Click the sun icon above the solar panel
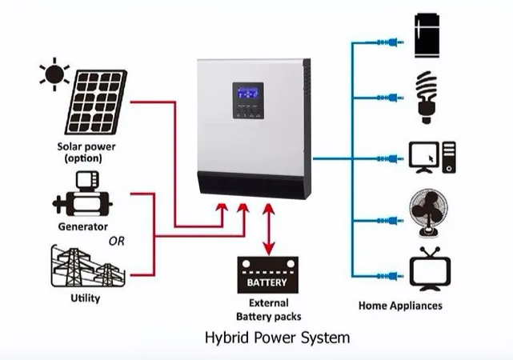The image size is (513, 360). [x=54, y=74]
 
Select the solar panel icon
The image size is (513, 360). [x=96, y=102]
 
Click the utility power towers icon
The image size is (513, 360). [x=88, y=266]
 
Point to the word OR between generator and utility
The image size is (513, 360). [x=117, y=242]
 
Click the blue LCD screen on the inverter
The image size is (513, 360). [x=248, y=93]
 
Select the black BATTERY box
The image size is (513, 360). [x=268, y=275]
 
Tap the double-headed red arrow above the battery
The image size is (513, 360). [x=269, y=229]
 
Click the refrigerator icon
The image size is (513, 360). [x=427, y=36]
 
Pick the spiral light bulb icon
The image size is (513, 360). [x=427, y=97]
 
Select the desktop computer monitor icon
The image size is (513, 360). [x=424, y=158]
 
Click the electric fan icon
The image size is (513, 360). [x=429, y=213]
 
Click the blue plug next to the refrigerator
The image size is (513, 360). [x=391, y=42]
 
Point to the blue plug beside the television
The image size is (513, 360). [x=391, y=276]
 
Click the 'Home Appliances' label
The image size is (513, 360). [x=400, y=306]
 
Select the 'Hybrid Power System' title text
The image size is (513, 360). [x=278, y=338]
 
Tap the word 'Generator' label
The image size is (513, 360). [x=82, y=226]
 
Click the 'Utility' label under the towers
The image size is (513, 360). [x=86, y=298]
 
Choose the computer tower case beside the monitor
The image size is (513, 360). [x=449, y=158]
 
